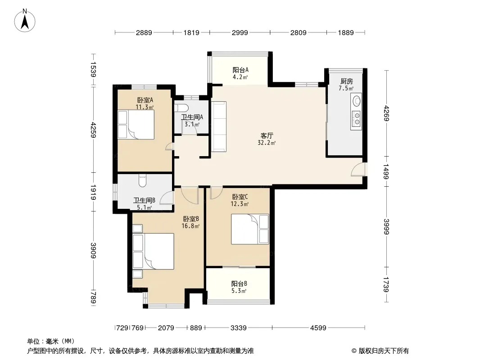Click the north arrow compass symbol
click(x=25, y=21)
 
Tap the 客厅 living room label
click(x=267, y=135)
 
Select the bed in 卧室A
click(x=136, y=125)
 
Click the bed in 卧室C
click(x=250, y=229)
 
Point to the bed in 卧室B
click(x=154, y=252)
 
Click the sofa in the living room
click(x=219, y=127)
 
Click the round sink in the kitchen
click(x=357, y=101)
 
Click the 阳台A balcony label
click(x=240, y=70)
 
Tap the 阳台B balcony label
click(x=239, y=283)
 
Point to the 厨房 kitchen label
click(x=347, y=81)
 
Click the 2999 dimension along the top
click(x=240, y=32)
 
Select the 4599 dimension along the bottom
click(x=318, y=328)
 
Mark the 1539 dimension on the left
click(x=93, y=70)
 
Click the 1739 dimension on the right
click(x=386, y=284)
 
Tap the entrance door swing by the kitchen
click(x=358, y=170)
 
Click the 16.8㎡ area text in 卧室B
click(x=190, y=226)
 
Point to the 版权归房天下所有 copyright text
click(x=384, y=351)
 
